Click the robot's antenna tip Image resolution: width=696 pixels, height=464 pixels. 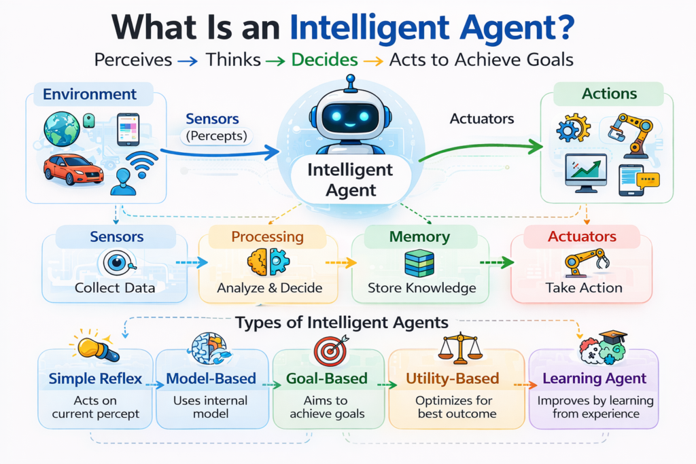(x=350, y=79)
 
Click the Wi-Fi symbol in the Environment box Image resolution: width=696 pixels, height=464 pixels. (x=141, y=164)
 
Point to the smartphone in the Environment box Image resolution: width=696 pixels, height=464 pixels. (x=128, y=129)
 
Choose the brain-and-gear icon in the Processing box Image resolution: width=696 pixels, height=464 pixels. (x=268, y=262)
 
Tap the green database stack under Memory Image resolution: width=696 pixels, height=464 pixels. (x=419, y=263)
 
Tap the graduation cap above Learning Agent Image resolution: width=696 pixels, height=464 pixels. (x=614, y=338)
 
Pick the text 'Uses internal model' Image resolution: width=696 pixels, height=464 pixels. (x=210, y=407)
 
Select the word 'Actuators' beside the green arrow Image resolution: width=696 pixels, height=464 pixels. (x=481, y=120)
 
